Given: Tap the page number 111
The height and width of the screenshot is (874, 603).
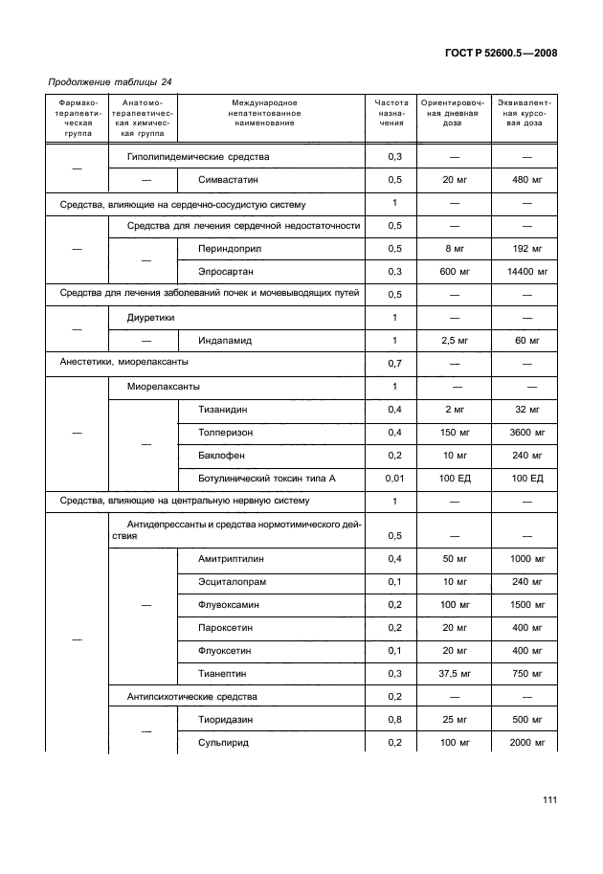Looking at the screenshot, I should pyautogui.click(x=547, y=800).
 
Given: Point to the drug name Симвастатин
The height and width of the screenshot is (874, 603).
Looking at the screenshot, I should pyautogui.click(x=229, y=180).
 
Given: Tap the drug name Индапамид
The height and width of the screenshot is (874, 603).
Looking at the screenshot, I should pyautogui.click(x=225, y=341).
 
